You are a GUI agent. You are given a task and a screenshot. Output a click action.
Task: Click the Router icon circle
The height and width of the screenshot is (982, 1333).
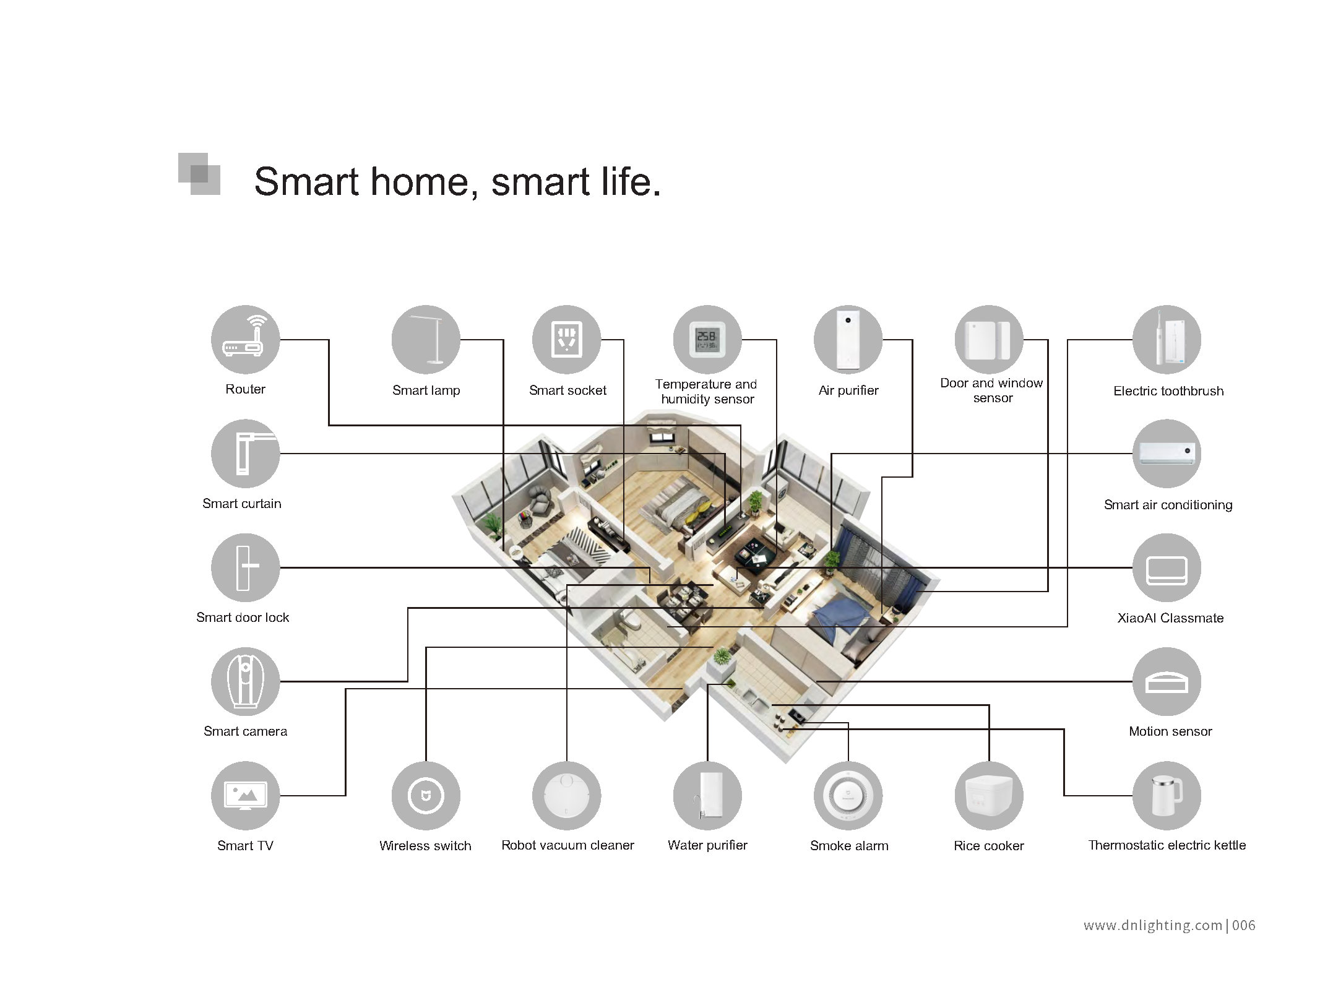(x=245, y=340)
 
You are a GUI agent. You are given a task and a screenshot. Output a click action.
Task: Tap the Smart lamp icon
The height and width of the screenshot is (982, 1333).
(x=426, y=340)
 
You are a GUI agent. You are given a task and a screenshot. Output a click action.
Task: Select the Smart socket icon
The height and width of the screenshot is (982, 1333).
(x=566, y=340)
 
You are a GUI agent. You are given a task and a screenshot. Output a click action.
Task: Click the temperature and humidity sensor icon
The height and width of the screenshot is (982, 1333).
(x=707, y=340)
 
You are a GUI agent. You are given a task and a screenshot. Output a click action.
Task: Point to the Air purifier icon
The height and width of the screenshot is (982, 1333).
(x=848, y=340)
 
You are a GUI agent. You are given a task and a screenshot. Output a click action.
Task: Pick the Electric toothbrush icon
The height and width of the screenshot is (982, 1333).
(x=1167, y=340)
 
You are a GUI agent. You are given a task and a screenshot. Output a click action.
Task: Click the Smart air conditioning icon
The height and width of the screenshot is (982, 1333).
(x=1167, y=454)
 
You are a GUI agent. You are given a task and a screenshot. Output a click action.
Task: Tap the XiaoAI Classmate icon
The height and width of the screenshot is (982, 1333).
(x=1167, y=567)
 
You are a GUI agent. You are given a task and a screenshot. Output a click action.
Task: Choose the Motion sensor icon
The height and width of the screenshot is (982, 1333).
(x=1167, y=681)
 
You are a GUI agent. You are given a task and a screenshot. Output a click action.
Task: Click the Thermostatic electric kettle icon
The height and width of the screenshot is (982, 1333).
(x=1167, y=795)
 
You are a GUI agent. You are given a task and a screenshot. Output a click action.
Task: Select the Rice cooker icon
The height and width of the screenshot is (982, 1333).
(x=989, y=795)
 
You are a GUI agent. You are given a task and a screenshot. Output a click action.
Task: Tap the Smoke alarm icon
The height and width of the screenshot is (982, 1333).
(x=848, y=795)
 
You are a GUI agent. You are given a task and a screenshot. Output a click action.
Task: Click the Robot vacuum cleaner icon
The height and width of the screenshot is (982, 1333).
(x=566, y=795)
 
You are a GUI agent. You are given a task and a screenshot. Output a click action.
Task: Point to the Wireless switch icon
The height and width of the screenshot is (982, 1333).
(x=426, y=795)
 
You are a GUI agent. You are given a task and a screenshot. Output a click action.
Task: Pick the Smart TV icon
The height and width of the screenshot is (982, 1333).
(x=245, y=795)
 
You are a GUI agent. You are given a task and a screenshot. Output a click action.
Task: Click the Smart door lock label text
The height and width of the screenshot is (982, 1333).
(x=243, y=618)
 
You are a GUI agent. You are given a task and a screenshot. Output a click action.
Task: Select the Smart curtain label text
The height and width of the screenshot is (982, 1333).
(x=242, y=504)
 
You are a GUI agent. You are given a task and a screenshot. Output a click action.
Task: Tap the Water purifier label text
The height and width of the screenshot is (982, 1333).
(x=707, y=845)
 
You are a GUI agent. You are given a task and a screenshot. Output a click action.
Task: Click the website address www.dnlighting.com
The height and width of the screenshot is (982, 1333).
(x=1153, y=926)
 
